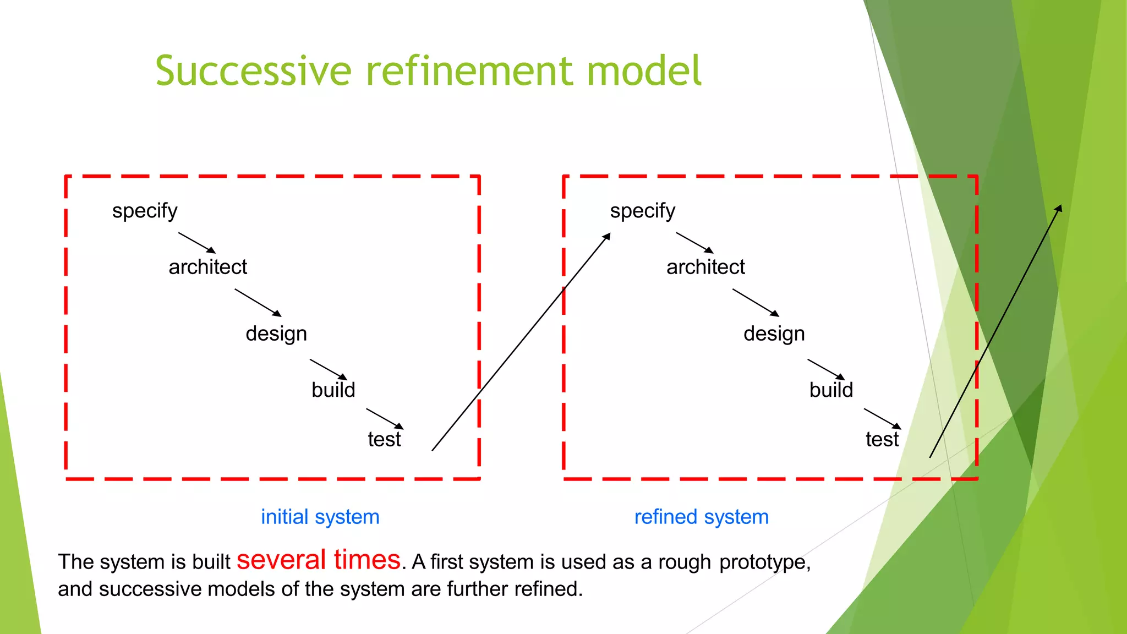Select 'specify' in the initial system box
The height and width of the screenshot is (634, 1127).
pyautogui.click(x=145, y=211)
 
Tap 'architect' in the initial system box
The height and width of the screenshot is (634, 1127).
pyautogui.click(x=207, y=267)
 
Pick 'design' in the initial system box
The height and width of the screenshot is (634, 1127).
pyautogui.click(x=276, y=334)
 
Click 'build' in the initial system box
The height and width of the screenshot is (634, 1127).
pyautogui.click(x=333, y=390)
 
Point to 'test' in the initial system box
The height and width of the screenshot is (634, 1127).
pyautogui.click(x=384, y=440)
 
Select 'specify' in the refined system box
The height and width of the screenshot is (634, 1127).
pyautogui.click(x=642, y=211)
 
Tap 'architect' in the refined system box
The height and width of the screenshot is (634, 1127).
pyautogui.click(x=705, y=267)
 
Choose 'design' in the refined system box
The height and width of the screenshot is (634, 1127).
pyautogui.click(x=774, y=334)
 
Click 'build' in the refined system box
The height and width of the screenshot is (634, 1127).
pyautogui.click(x=831, y=390)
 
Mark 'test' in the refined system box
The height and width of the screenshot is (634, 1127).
pyautogui.click(x=882, y=440)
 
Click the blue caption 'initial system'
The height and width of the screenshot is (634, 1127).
pyautogui.click(x=320, y=517)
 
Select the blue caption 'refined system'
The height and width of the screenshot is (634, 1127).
pyautogui.click(x=701, y=517)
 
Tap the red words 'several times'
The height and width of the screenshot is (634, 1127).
pyautogui.click(x=318, y=560)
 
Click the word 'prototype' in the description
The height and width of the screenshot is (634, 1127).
pyautogui.click(x=764, y=562)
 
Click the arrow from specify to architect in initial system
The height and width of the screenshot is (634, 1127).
pyautogui.click(x=196, y=243)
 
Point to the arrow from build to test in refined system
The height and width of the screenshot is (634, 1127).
pyautogui.click(x=882, y=418)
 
